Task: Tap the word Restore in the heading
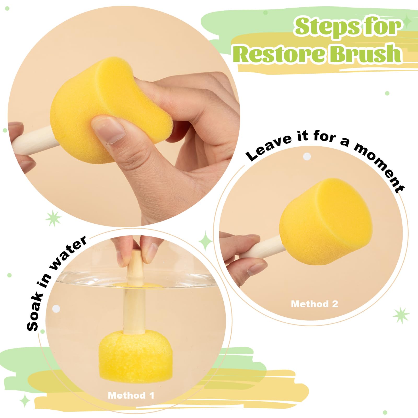click(x=280, y=54)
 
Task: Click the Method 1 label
click(x=131, y=395)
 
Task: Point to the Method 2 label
click(x=314, y=304)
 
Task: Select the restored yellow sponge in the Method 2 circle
click(x=325, y=222)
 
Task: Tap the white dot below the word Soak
click(x=56, y=309)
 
